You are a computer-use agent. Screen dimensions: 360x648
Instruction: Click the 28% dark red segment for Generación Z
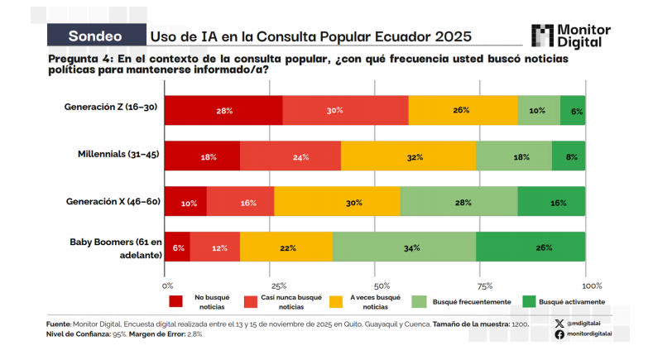[x=224, y=110]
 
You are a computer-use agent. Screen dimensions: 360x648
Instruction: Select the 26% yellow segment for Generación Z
[x=463, y=110]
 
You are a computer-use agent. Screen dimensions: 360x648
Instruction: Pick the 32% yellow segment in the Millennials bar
[x=408, y=156]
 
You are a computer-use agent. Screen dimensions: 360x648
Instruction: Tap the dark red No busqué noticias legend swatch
[x=175, y=301]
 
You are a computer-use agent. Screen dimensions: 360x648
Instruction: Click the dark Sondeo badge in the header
[x=95, y=36]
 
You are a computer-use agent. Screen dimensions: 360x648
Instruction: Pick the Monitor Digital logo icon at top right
[x=542, y=36]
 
